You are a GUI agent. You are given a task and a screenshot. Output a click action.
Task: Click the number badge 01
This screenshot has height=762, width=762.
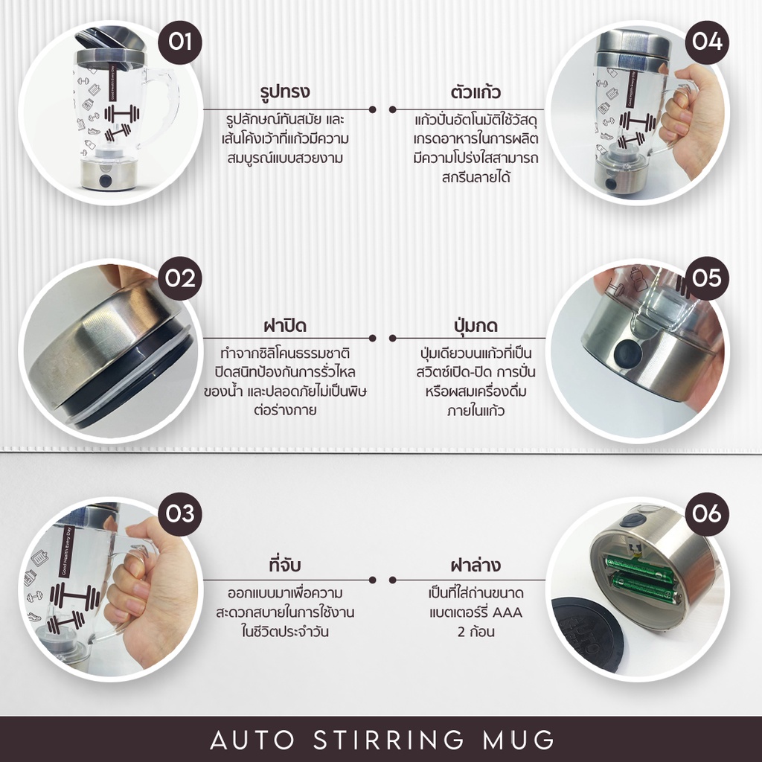click(180, 42)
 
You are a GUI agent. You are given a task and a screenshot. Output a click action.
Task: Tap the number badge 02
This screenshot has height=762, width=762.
click(180, 278)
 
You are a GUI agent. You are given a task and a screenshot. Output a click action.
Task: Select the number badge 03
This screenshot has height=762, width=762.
click(180, 514)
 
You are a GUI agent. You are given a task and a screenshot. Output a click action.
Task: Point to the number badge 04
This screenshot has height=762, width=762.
click(707, 42)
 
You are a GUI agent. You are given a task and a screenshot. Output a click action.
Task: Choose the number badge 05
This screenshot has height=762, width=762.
click(707, 278)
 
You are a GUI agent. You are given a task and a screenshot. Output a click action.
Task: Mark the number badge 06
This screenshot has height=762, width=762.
click(707, 514)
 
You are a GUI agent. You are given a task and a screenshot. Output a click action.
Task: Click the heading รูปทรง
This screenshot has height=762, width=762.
click(285, 92)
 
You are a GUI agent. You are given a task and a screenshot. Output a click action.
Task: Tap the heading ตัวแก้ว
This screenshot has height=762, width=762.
click(476, 92)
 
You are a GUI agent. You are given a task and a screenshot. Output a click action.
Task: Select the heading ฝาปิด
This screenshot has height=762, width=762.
click(285, 324)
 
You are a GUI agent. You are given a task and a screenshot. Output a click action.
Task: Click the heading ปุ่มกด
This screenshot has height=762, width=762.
click(476, 324)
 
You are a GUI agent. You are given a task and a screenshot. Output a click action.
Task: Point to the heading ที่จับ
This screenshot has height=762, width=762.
click(285, 565)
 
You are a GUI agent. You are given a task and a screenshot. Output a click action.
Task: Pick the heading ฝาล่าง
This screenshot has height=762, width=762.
click(476, 565)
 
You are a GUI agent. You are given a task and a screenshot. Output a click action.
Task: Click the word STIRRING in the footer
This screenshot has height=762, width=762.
click(388, 740)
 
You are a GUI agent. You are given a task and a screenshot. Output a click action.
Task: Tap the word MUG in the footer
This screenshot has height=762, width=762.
click(519, 740)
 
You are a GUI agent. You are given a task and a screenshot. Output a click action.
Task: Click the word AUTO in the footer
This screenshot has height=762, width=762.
click(252, 740)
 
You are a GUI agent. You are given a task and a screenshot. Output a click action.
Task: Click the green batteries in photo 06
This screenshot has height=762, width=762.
click(641, 579)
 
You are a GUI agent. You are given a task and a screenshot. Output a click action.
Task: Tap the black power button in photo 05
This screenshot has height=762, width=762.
click(628, 353)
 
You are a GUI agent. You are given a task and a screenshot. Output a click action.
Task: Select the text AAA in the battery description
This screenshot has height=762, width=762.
click(508, 612)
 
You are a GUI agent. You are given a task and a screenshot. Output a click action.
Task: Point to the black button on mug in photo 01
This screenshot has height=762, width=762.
click(106, 180)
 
